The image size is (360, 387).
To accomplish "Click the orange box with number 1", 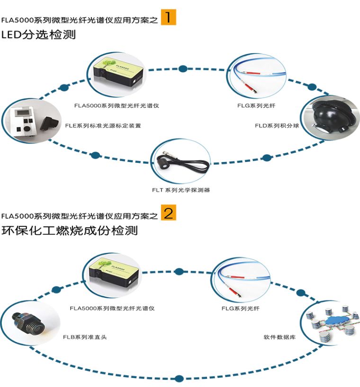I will [168, 17].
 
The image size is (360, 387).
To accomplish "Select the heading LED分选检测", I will [38, 35].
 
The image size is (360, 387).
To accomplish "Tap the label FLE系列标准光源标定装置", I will [103, 126].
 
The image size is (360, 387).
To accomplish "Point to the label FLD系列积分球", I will [277, 126].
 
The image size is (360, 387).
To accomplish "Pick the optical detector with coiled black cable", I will [181, 164].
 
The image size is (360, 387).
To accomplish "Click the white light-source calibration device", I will [31, 120].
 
